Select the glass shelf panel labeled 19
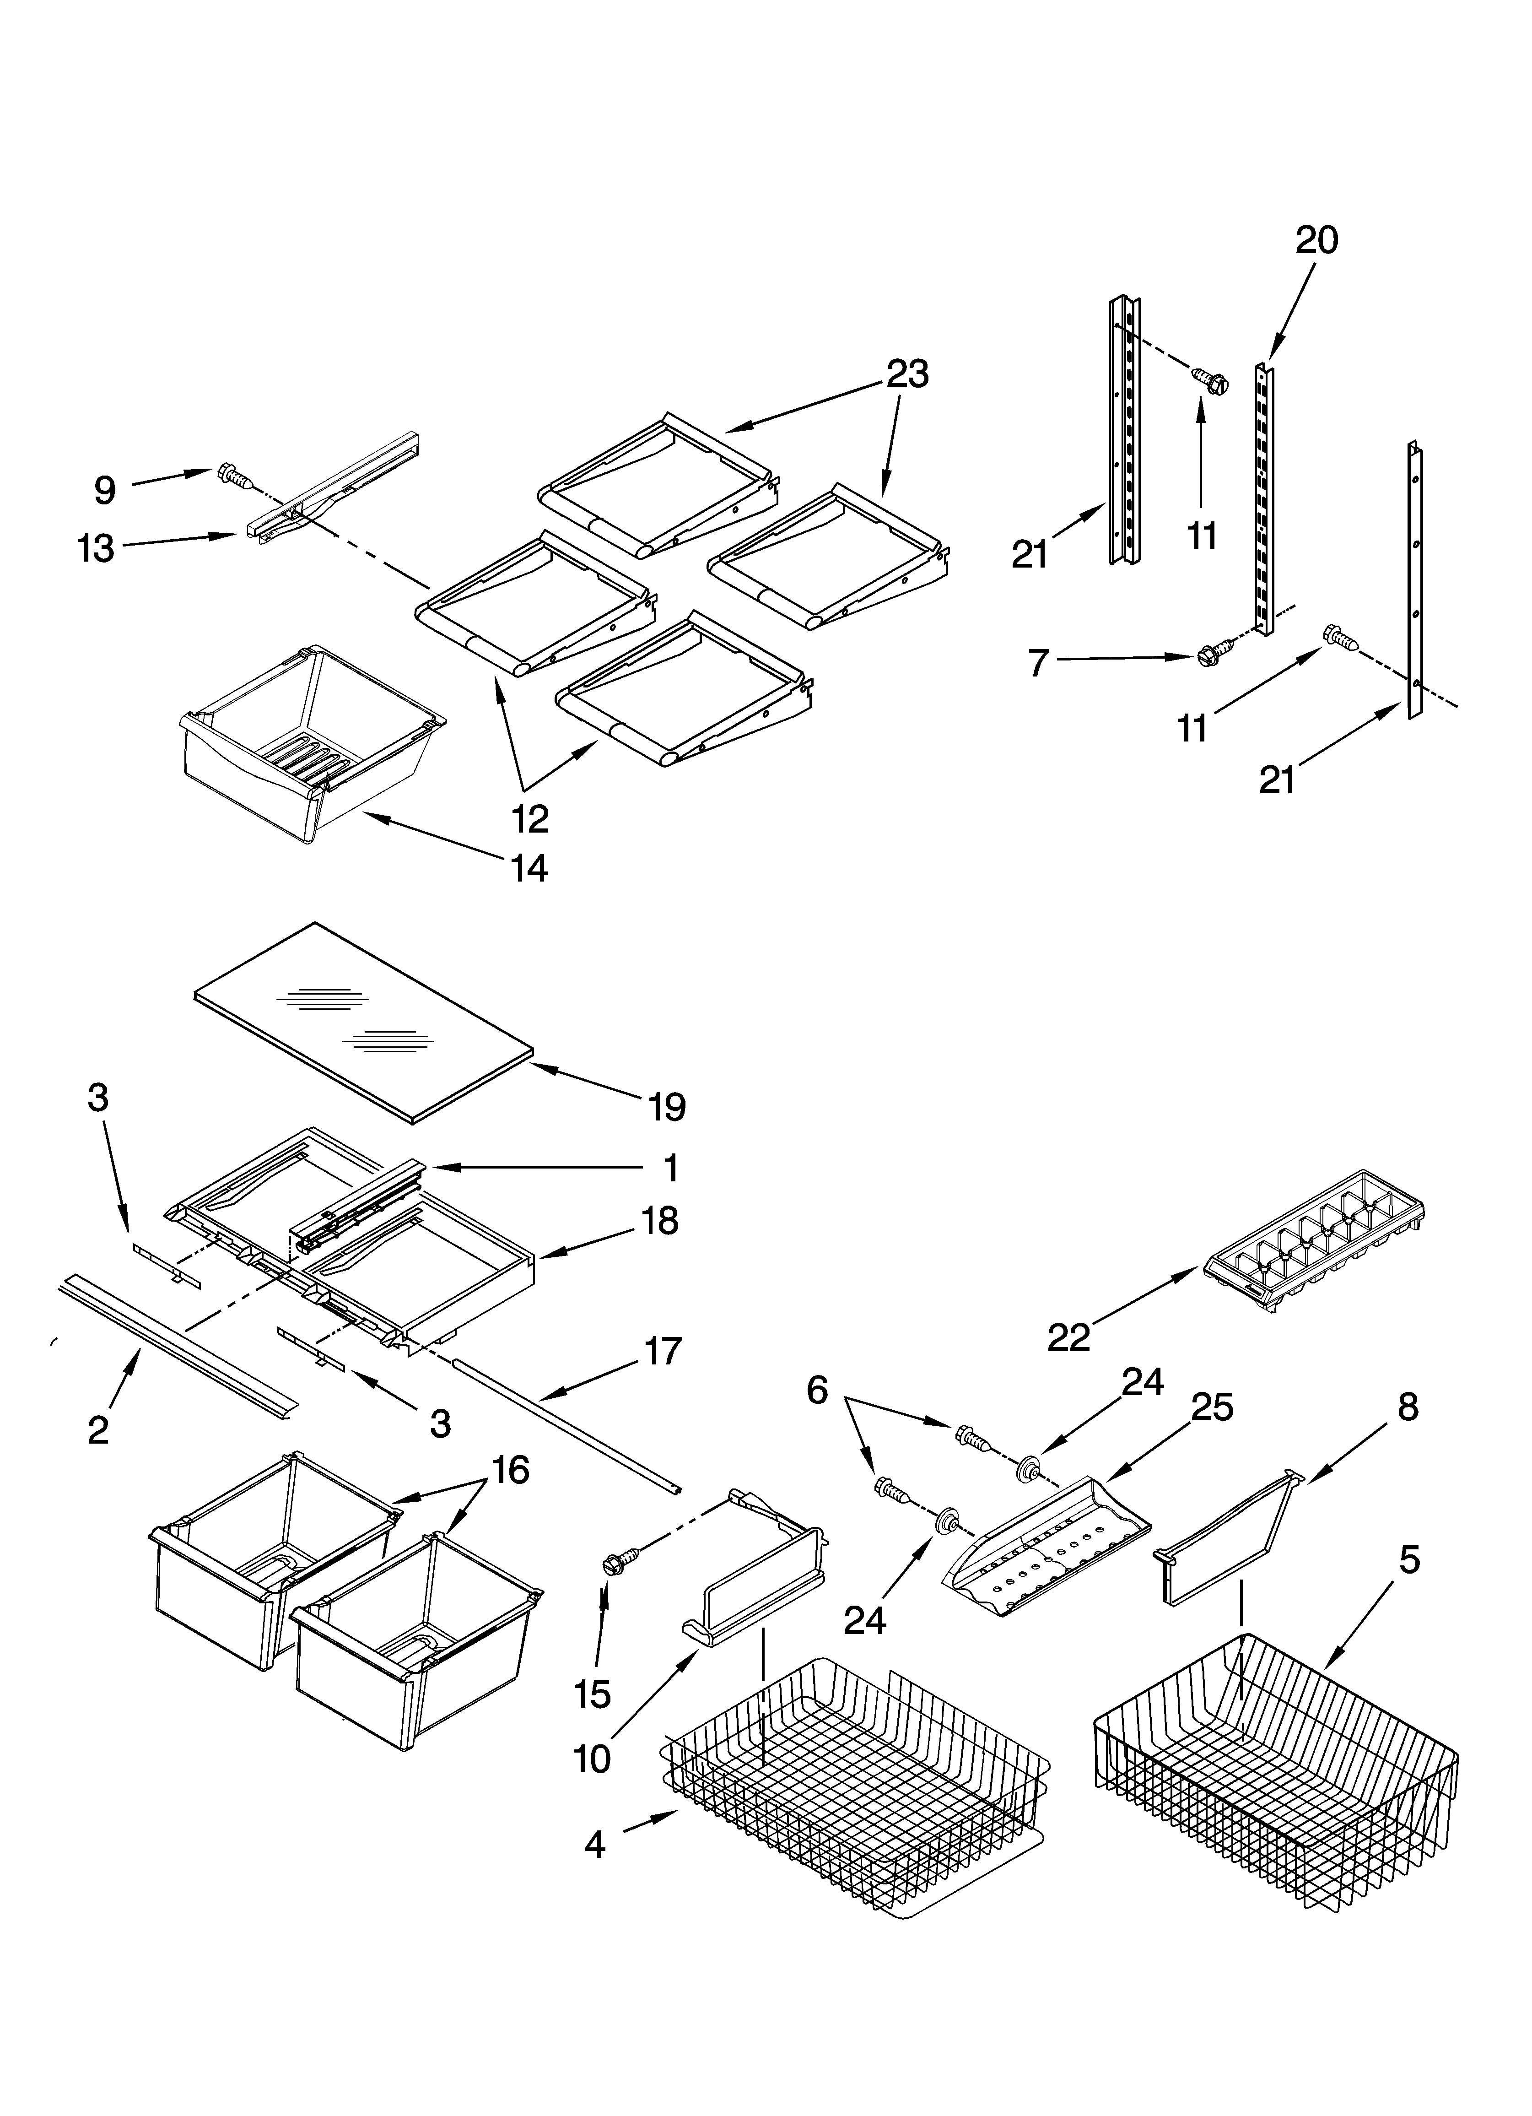pos(364,1022)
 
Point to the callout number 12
pos(529,818)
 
